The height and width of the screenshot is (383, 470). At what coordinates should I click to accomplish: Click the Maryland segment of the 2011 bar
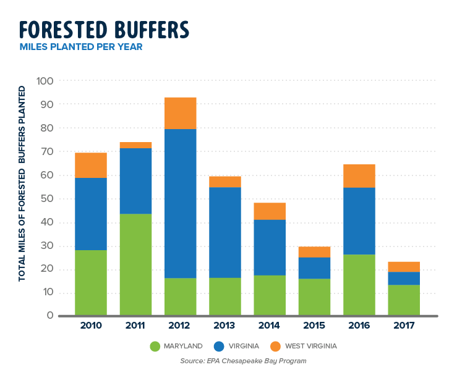(x=135, y=264)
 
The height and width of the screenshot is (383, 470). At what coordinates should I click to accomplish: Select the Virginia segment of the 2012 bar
(x=181, y=203)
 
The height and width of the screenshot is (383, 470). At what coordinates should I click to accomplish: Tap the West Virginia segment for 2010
(x=91, y=165)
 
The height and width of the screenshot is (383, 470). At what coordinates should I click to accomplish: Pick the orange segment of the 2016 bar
(x=359, y=175)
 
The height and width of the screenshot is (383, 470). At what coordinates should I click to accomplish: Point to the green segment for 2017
(x=404, y=300)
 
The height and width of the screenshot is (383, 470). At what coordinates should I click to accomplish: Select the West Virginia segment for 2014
(x=270, y=211)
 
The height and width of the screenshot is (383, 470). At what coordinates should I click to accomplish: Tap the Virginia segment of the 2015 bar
(x=314, y=268)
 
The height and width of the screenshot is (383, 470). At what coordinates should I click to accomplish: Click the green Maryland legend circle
(x=153, y=346)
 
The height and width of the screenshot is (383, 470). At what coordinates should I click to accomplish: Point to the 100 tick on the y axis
(x=46, y=81)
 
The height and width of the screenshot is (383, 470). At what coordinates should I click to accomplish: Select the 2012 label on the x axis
(x=181, y=325)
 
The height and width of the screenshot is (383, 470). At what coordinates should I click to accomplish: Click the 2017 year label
(x=404, y=325)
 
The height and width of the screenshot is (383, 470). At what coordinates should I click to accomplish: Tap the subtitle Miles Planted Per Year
(x=81, y=47)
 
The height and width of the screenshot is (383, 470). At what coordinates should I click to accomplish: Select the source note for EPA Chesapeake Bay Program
(x=243, y=361)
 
